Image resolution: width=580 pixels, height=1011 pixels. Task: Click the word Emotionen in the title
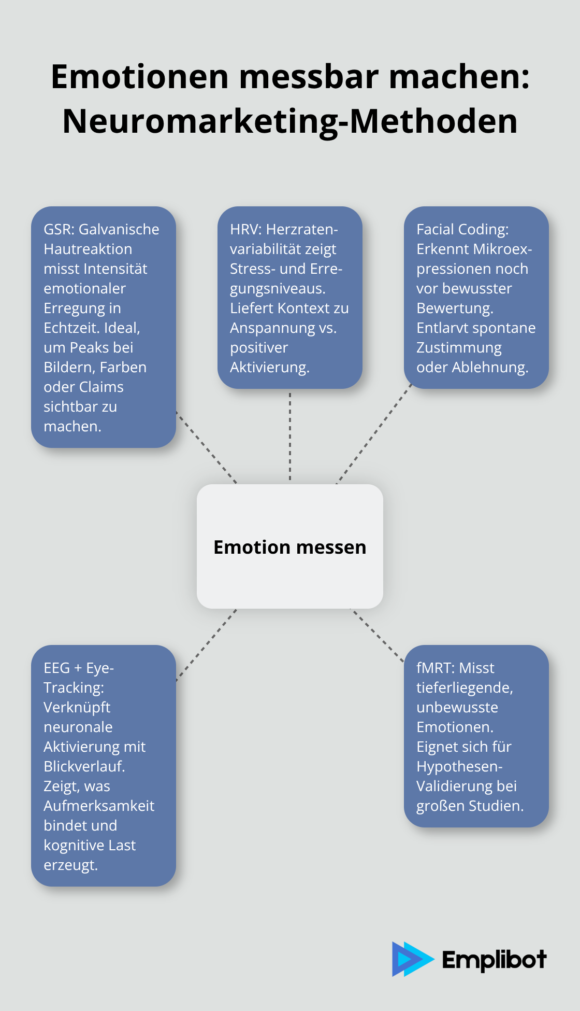[140, 77]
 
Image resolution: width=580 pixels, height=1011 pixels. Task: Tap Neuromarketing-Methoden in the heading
[290, 121]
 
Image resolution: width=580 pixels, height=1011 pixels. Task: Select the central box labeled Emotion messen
[290, 546]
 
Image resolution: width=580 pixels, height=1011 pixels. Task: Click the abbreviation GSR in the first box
[59, 229]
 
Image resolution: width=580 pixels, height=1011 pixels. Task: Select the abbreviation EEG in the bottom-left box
[56, 668]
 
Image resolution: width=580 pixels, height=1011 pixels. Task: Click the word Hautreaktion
[88, 249]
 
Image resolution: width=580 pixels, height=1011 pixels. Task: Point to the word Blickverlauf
[84, 766]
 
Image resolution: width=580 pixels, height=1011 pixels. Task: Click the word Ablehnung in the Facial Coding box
[490, 368]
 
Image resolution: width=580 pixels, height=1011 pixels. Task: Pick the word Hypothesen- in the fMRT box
[459, 767]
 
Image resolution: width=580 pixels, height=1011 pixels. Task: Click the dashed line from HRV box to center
[290, 437]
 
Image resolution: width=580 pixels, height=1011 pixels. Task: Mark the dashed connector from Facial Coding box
[374, 434]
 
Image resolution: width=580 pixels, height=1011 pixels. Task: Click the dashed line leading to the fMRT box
[378, 636]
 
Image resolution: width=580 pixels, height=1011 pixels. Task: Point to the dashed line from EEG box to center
[206, 645]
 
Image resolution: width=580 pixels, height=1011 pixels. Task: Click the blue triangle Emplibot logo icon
[412, 959]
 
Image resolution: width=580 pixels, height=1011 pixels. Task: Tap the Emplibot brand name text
[494, 960]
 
